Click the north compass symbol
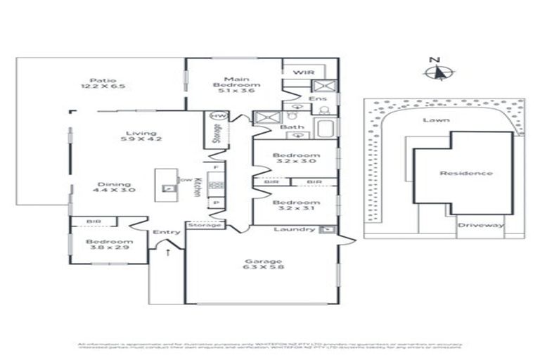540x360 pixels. point(437,71)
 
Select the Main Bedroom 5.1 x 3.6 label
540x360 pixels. point(233,84)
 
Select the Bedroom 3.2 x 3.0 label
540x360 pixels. point(296,157)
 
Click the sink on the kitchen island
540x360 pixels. point(169,188)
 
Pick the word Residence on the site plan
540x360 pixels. point(465,173)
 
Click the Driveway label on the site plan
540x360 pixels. point(481,225)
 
